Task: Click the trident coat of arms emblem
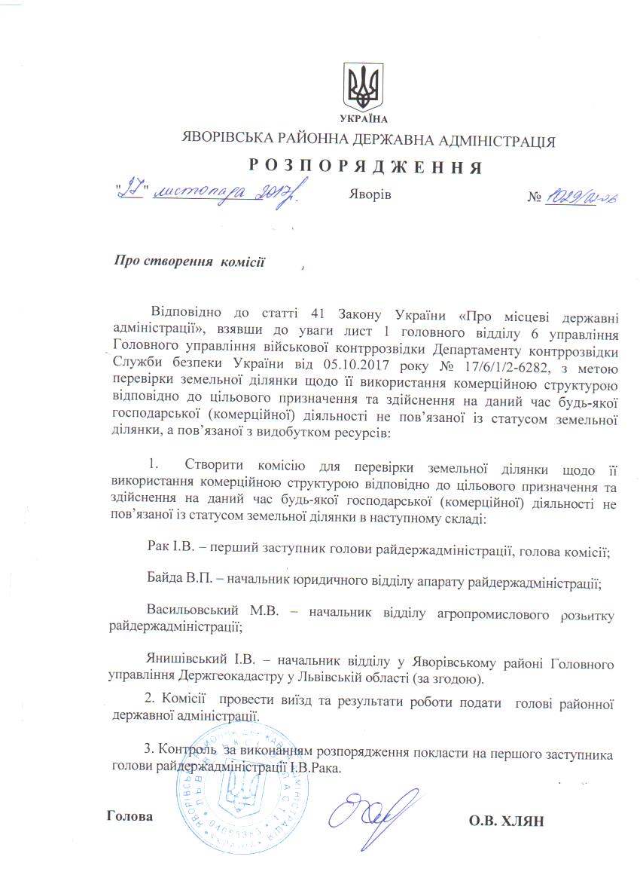click(364, 88)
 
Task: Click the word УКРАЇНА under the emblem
click(364, 119)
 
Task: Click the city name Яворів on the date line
click(370, 194)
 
